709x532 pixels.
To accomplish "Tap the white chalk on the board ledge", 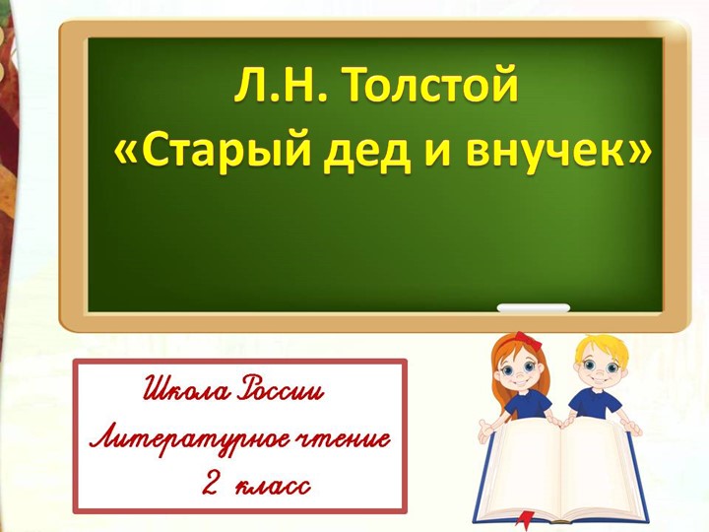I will tap(533, 308).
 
